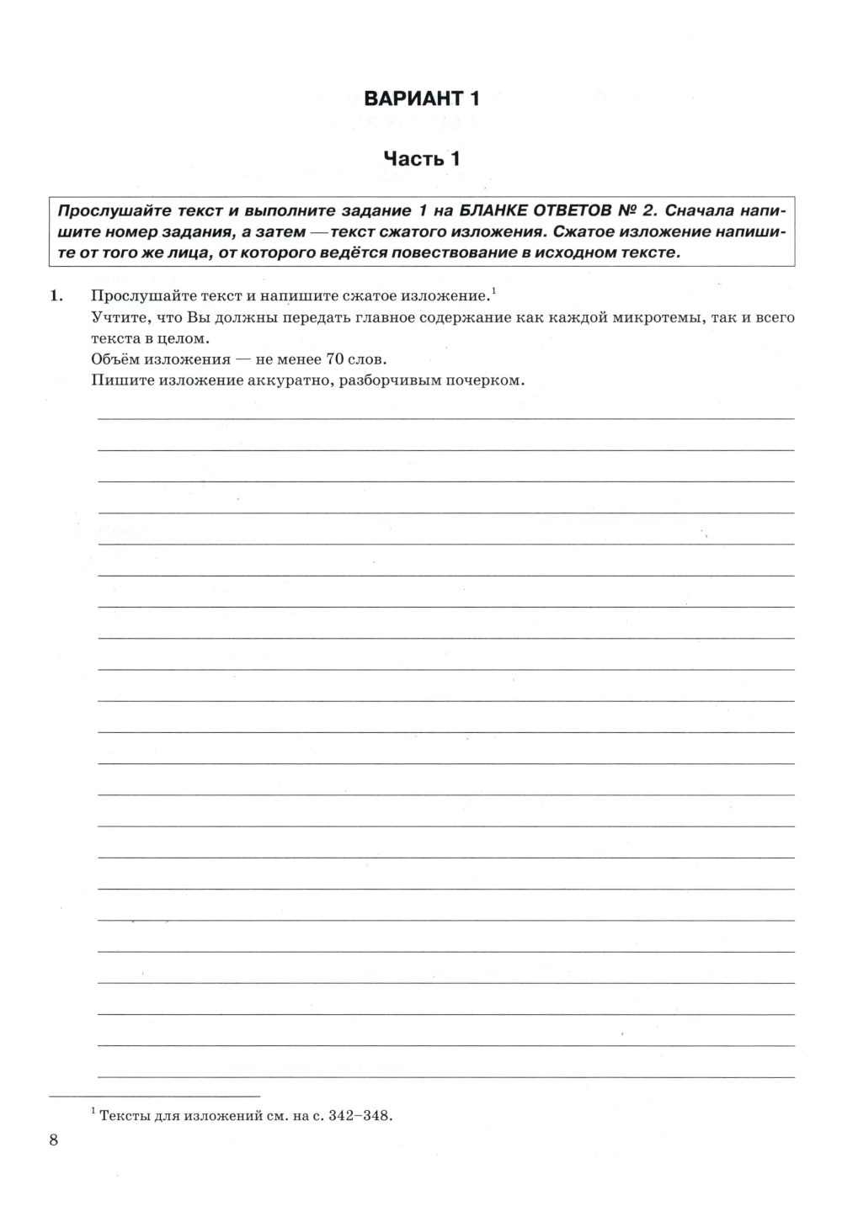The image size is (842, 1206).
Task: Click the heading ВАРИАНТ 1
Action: tap(421, 98)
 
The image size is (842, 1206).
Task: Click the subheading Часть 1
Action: tap(421, 158)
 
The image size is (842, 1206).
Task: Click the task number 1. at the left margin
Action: tap(56, 296)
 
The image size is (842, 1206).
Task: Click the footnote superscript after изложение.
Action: tap(493, 291)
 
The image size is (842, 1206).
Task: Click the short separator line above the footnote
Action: tap(155, 1097)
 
